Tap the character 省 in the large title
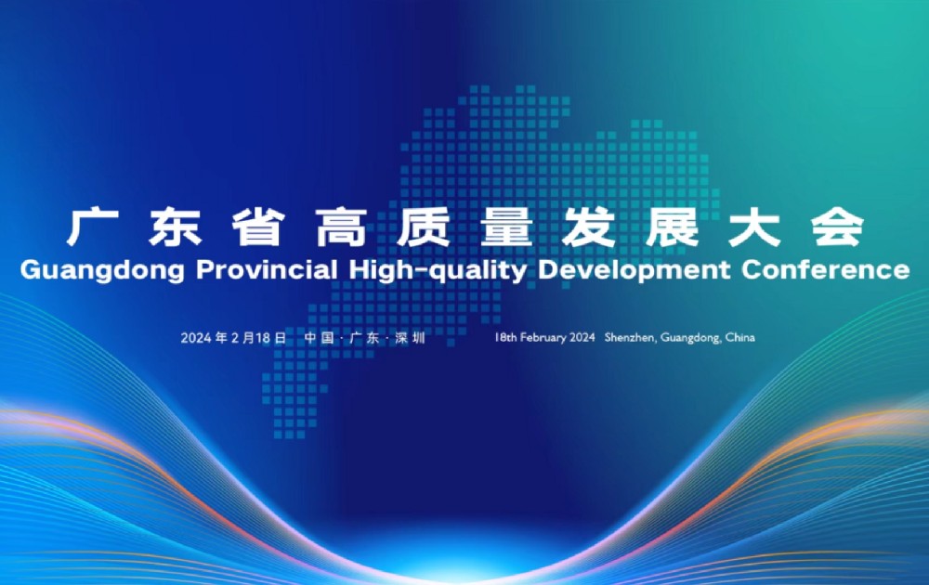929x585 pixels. tap(257, 227)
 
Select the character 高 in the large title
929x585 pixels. tap(341, 227)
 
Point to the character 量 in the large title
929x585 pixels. tap(506, 227)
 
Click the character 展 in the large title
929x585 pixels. tap(672, 227)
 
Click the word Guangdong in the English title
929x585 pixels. tap(102, 270)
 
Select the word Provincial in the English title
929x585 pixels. tap(267, 269)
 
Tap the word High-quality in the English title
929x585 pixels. tap(438, 270)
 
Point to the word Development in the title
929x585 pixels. tap(634, 270)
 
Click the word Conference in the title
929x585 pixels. tap(825, 269)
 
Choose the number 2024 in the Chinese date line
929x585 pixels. tap(197, 338)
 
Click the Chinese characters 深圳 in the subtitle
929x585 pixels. tap(411, 338)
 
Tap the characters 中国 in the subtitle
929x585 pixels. tap(320, 338)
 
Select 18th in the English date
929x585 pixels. tap(505, 337)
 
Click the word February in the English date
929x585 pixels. tap(543, 338)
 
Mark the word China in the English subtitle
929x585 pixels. tap(740, 337)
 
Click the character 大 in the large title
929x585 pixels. tap(754, 227)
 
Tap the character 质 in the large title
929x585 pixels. tap(424, 227)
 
